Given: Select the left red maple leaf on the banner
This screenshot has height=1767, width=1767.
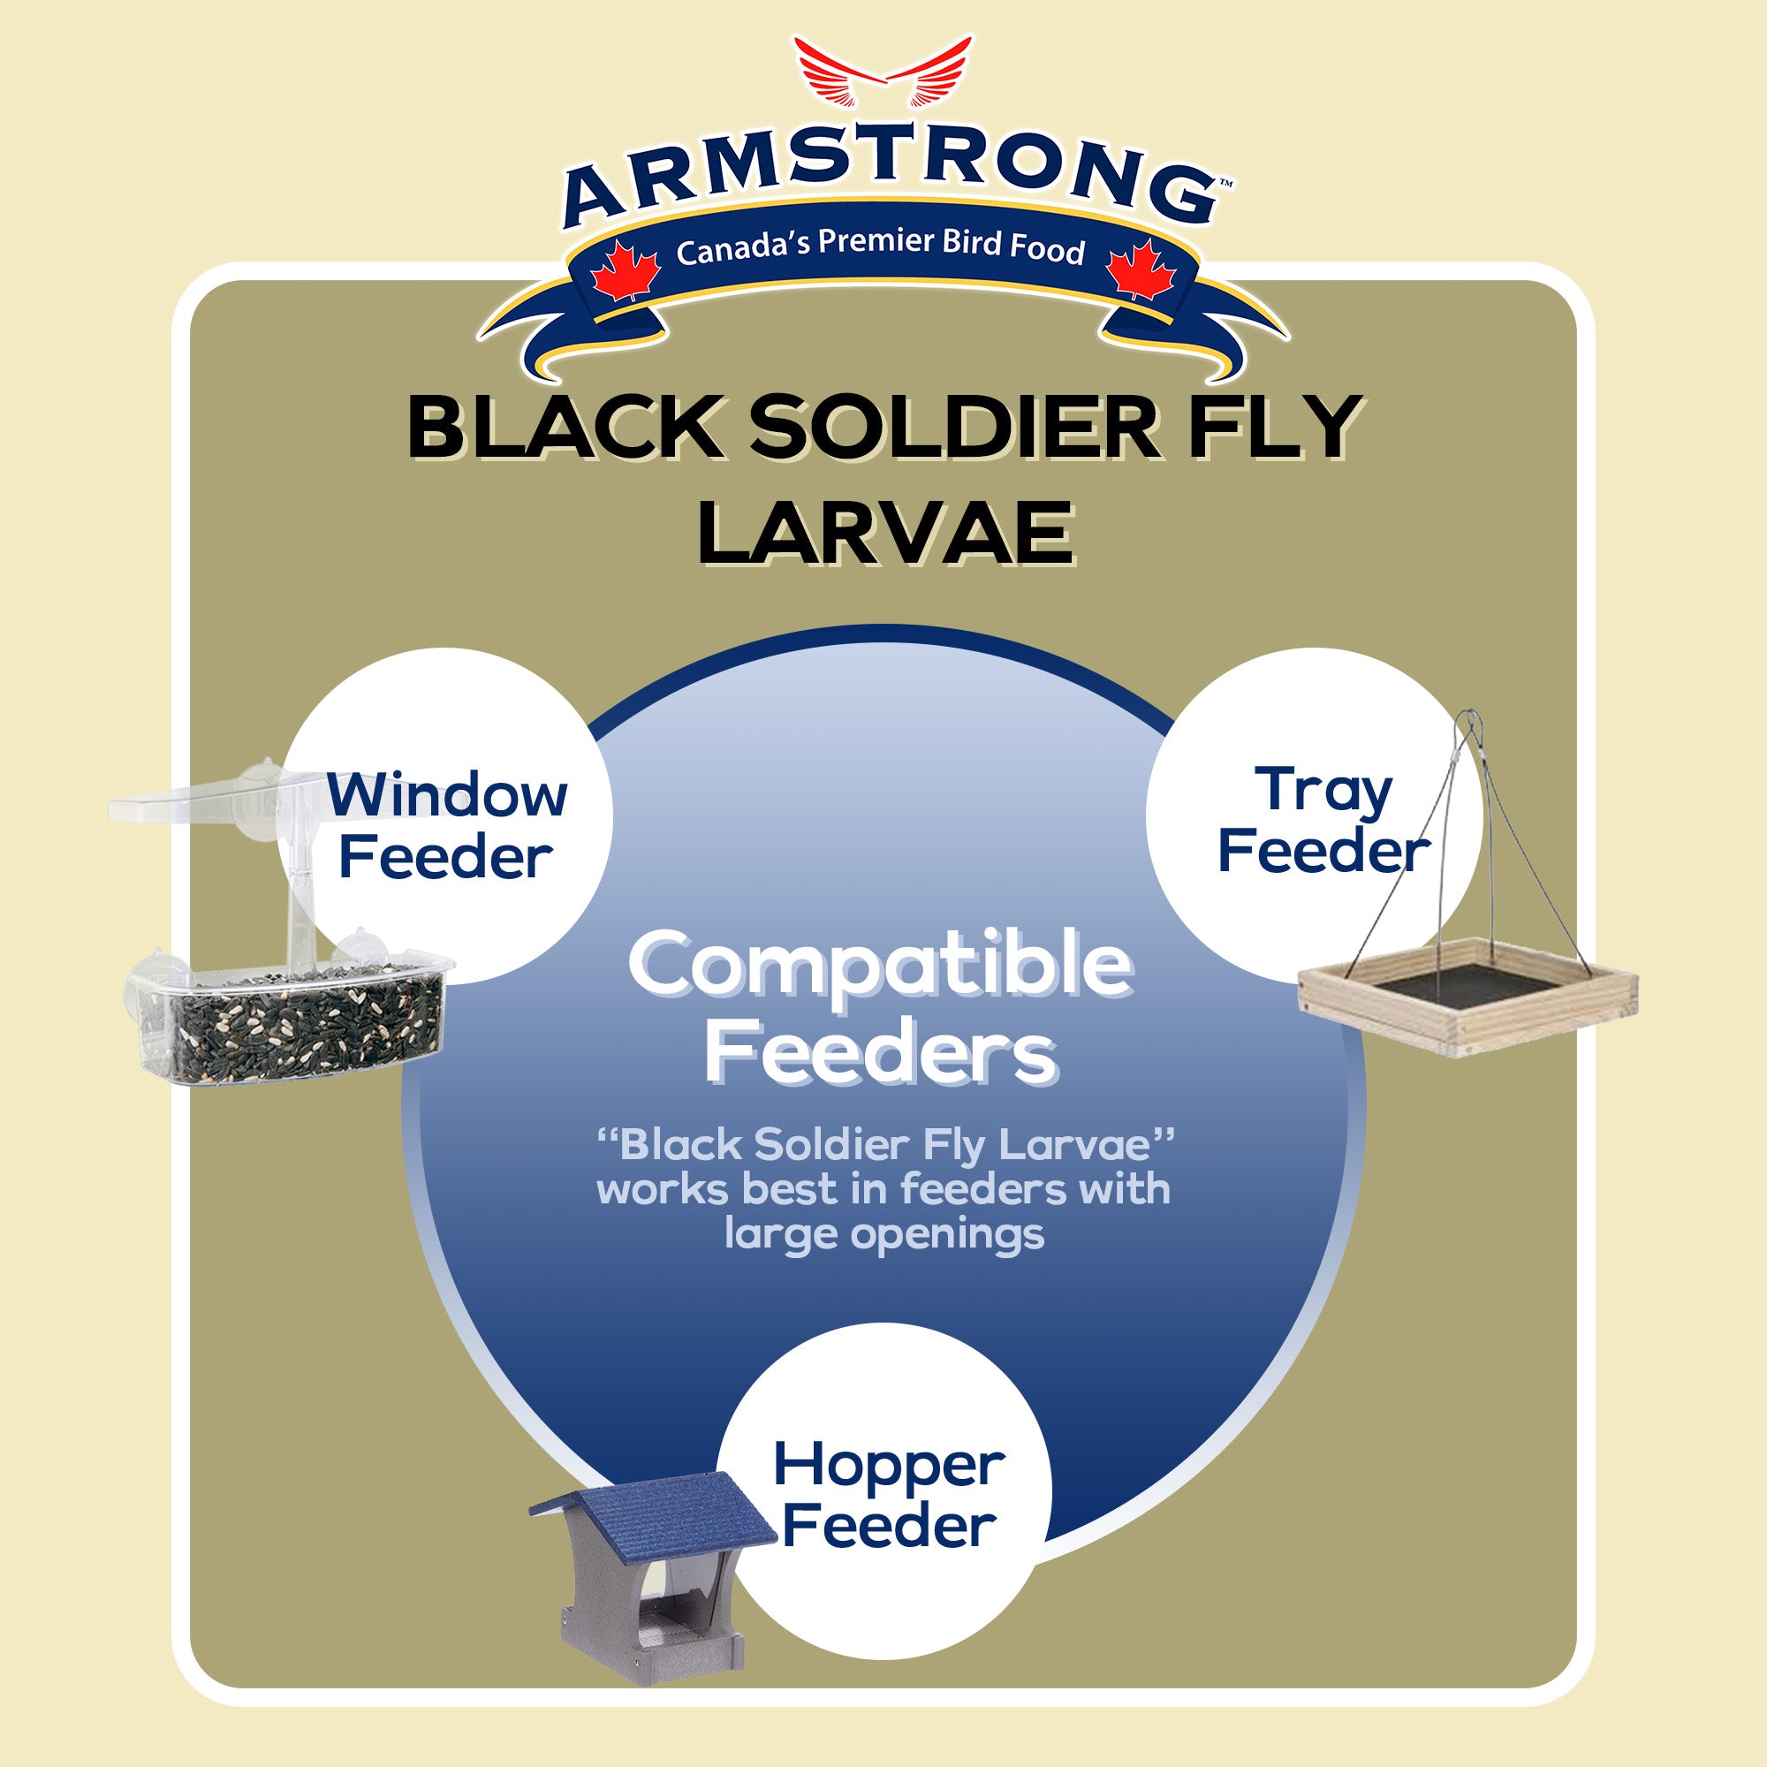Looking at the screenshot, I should coord(625,270).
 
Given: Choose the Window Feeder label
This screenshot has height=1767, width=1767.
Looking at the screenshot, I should coord(446,825).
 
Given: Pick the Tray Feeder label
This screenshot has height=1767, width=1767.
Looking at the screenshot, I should coord(1323,820).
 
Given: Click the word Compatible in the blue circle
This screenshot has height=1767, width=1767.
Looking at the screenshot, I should coord(880,966).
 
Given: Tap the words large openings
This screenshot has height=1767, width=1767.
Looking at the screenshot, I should coord(883,1233).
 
